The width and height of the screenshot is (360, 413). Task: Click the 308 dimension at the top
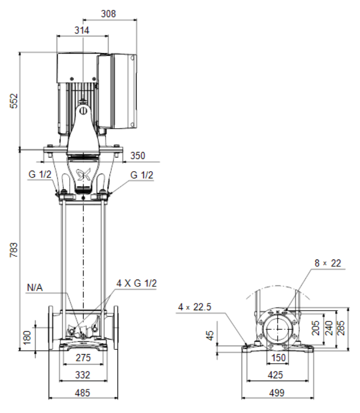tap(108, 14)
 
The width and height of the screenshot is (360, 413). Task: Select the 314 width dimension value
tap(82, 30)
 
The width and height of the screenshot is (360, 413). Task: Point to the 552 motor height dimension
tap(14, 100)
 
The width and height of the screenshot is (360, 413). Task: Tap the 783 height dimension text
tap(14, 250)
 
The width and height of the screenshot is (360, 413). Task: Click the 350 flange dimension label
tap(138, 156)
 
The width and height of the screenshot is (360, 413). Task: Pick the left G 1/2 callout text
tap(40, 174)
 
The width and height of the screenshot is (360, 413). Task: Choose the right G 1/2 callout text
tap(142, 175)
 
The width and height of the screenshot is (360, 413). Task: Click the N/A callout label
tap(35, 288)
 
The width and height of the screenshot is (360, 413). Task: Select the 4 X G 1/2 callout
tap(137, 283)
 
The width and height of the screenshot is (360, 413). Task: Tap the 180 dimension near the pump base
tap(27, 337)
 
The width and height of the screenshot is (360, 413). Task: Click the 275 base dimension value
tap(83, 358)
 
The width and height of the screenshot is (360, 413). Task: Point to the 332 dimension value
tap(83, 375)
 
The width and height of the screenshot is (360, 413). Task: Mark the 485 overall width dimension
tap(82, 393)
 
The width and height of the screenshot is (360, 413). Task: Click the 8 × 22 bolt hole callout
tap(327, 263)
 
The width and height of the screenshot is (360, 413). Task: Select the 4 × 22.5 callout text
tap(195, 307)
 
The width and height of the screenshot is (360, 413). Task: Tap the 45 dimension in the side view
tap(210, 335)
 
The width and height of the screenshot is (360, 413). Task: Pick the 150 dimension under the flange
tap(278, 358)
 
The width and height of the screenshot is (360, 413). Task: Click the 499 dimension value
tap(277, 393)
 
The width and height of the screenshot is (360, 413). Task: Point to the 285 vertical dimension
tap(341, 327)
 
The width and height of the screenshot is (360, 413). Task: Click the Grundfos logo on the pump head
tap(83, 174)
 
